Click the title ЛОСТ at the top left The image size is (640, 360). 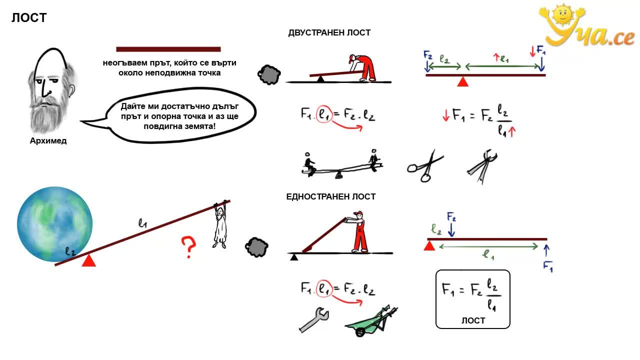pos(29,17)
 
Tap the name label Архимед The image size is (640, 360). pos(48,141)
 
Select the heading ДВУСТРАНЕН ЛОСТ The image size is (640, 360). pos(329,33)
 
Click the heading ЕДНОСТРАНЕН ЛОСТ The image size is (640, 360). pos(331,196)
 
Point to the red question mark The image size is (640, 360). pos(188,247)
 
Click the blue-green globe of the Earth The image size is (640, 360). pos(54,224)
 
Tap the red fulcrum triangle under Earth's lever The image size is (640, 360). pos(89,260)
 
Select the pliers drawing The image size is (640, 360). pos(483,166)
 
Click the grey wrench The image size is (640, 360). pos(313,320)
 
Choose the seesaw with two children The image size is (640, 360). pos(341,164)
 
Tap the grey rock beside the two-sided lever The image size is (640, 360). pos(269,75)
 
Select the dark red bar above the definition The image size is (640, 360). pos(168,49)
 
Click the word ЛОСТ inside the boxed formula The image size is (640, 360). pos(473,320)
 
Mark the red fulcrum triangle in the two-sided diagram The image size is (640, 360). pos(463,81)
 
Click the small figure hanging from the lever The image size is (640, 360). pos(220,224)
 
